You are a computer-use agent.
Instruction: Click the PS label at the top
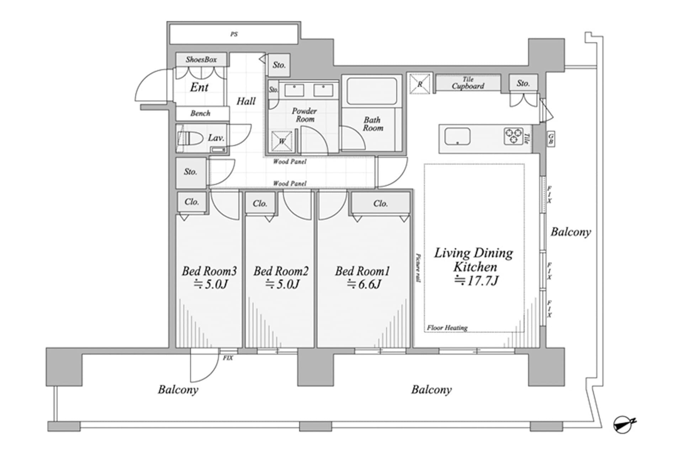click(x=234, y=34)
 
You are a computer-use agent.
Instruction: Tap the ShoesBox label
click(x=201, y=60)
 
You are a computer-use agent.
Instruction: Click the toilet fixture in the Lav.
click(x=190, y=138)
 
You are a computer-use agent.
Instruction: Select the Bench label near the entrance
click(x=200, y=113)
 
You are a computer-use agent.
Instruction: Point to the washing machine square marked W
click(x=282, y=141)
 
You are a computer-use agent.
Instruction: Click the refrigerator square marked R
click(x=420, y=84)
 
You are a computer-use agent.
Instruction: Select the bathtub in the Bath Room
click(x=371, y=91)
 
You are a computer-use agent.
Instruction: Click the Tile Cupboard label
click(x=468, y=83)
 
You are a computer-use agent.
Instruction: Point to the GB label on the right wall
click(x=551, y=139)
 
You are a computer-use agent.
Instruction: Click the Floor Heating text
click(x=447, y=328)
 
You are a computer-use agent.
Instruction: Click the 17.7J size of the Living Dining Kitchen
click(x=477, y=281)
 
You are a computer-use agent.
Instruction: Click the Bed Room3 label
click(x=209, y=271)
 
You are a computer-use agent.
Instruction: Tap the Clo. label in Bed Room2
click(x=260, y=204)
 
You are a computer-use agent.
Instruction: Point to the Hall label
click(x=246, y=101)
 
